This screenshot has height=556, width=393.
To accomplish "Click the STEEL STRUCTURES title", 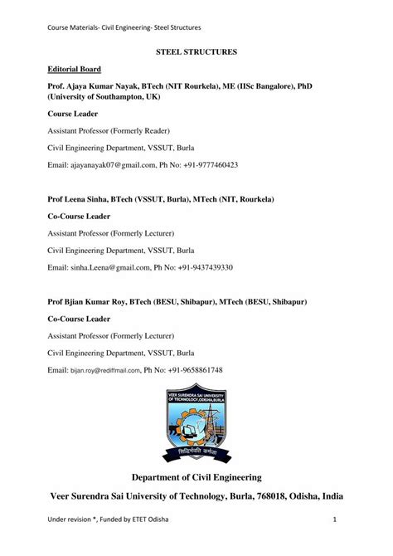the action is click(x=196, y=51).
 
